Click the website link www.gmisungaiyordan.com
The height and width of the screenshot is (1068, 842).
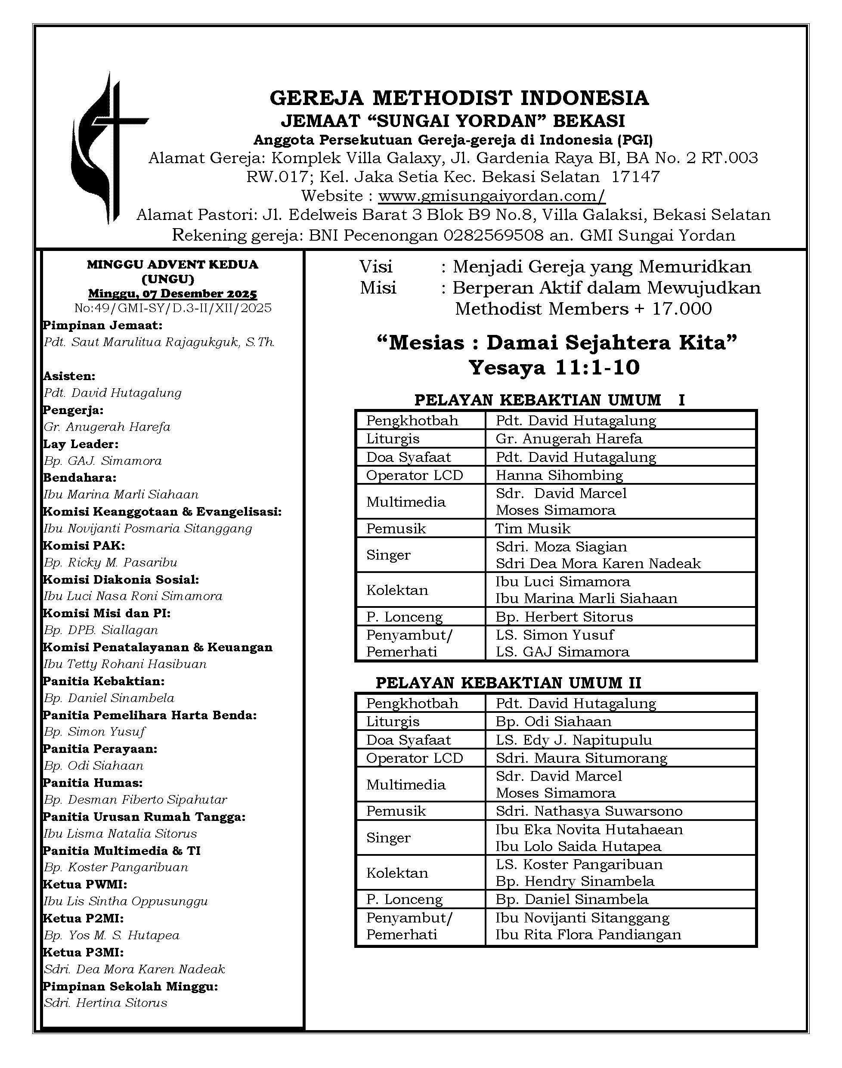(x=491, y=196)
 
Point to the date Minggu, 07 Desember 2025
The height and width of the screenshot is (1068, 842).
(x=173, y=294)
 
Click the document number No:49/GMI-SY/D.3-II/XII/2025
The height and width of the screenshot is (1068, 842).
(x=173, y=308)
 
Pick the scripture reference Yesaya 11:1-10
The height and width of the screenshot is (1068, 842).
(x=554, y=367)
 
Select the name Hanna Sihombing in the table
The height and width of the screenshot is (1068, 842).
(x=559, y=475)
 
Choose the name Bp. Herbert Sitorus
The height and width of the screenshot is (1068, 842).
(x=564, y=616)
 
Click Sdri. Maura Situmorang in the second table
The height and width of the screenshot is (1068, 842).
(x=581, y=758)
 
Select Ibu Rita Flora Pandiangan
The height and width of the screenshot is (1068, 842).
(x=588, y=935)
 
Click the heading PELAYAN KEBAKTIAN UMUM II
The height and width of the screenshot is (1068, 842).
(x=508, y=683)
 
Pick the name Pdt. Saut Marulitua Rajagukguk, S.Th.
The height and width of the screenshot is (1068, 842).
(x=159, y=342)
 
